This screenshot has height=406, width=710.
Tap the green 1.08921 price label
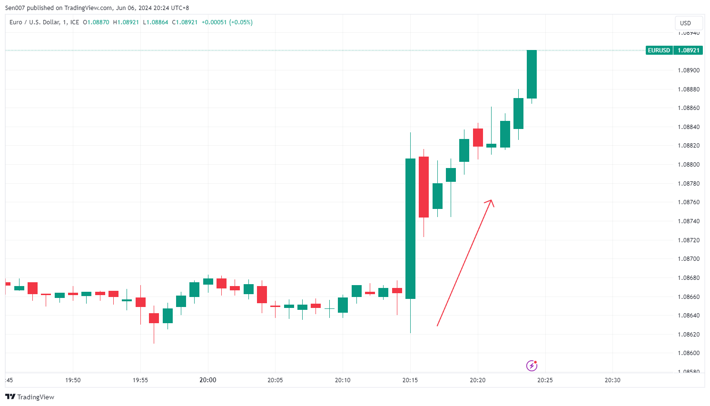click(688, 50)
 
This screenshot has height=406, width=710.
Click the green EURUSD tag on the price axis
click(659, 50)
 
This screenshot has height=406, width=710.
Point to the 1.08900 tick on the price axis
click(688, 70)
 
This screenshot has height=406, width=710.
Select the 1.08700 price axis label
click(688, 259)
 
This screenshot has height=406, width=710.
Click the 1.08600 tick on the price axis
click(688, 353)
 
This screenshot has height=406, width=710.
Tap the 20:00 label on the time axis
click(208, 380)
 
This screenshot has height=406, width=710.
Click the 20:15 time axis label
click(410, 380)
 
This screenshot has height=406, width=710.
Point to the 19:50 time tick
click(73, 380)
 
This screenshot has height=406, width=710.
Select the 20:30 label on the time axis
click(612, 380)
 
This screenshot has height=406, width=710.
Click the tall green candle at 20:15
click(410, 228)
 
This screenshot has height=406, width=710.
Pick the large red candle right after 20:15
click(424, 187)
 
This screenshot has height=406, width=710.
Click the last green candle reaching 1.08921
click(532, 74)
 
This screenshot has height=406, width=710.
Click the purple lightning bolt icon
click(532, 366)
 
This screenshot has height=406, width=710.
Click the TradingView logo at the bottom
click(30, 397)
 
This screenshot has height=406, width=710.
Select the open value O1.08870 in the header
click(96, 22)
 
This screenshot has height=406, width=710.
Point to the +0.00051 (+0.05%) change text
click(227, 22)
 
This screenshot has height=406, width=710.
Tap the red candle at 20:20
click(478, 137)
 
